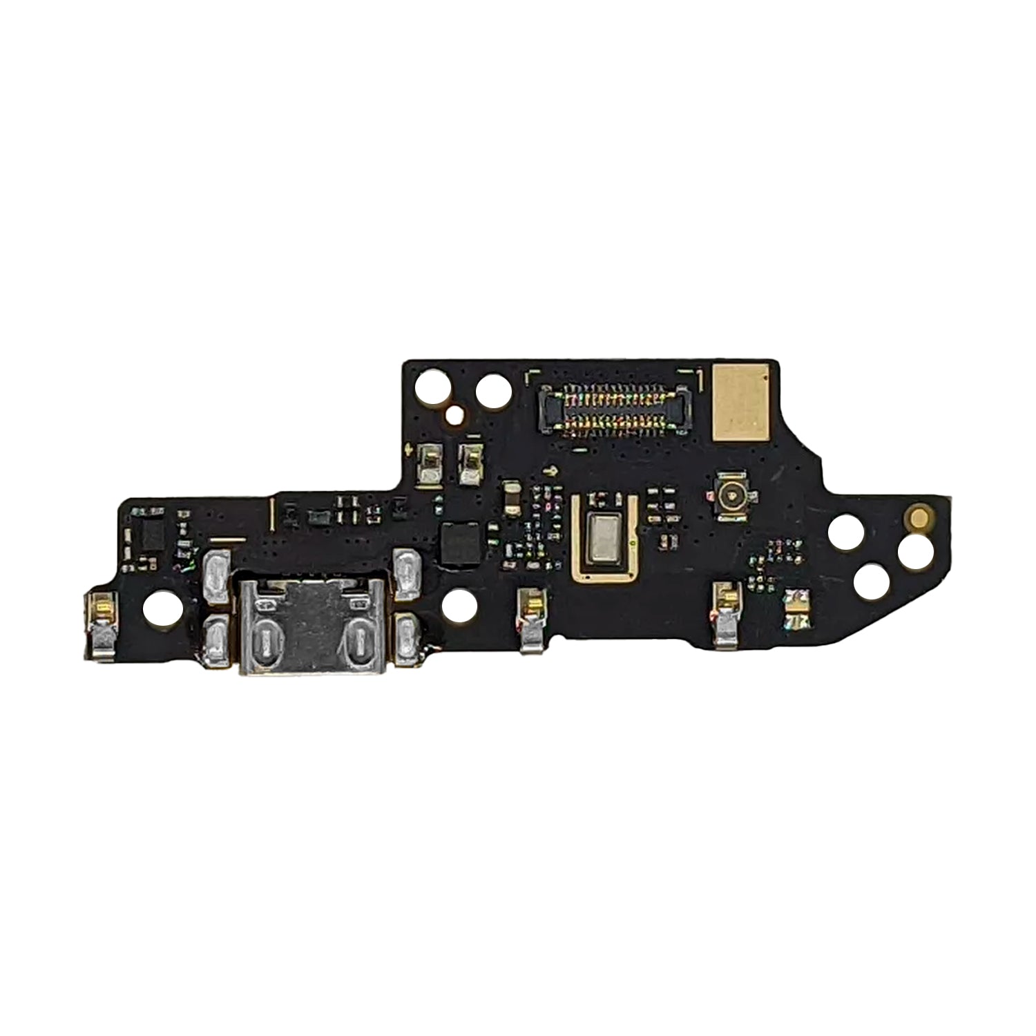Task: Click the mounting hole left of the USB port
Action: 163,606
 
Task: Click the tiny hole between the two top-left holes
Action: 455,414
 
